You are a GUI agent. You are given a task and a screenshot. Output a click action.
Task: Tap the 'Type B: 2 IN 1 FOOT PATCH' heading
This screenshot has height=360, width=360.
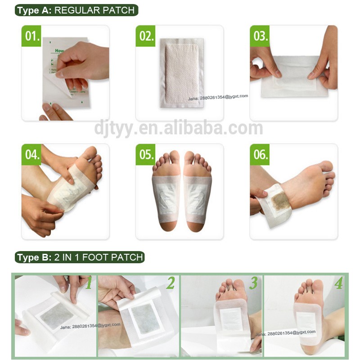80,257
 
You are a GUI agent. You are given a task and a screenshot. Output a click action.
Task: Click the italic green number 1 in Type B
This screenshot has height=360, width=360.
89,283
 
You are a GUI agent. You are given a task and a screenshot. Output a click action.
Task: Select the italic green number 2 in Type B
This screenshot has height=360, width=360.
170,283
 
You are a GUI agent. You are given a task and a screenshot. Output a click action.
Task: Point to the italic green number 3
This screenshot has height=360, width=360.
253,283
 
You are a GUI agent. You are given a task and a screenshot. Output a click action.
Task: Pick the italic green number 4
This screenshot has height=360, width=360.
338,283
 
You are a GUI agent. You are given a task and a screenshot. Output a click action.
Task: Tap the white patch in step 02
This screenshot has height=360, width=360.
181,72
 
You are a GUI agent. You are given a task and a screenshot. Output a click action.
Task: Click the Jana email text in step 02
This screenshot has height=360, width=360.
218,96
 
